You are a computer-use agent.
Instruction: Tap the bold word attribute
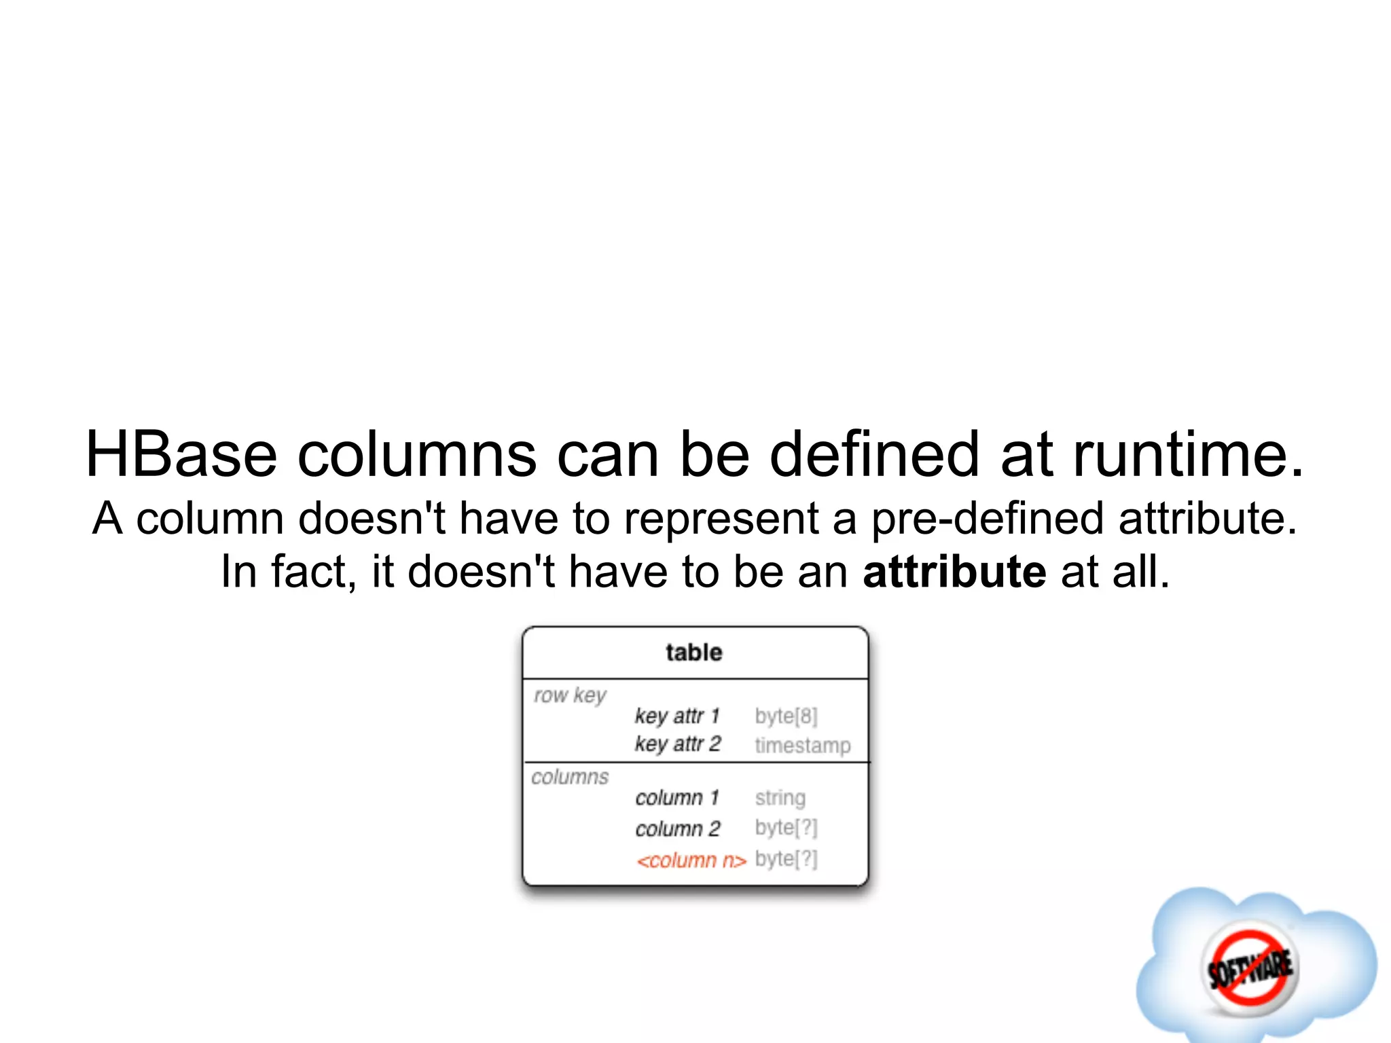[954, 572]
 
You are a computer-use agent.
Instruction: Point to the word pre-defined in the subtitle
[988, 519]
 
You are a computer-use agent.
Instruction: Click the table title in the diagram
[694, 653]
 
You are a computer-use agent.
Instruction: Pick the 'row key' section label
[570, 696]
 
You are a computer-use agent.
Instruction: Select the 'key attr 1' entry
[677, 716]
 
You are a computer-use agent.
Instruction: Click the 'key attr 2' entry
[678, 744]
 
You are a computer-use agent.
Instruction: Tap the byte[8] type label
[786, 716]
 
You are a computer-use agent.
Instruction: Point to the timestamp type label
[802, 746]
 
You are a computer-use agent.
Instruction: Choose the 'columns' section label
[570, 777]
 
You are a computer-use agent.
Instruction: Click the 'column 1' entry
[677, 798]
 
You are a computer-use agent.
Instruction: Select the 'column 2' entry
[678, 829]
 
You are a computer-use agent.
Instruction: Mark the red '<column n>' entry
[691, 861]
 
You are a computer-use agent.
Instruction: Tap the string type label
[780, 798]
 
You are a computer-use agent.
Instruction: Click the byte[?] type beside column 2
[786, 828]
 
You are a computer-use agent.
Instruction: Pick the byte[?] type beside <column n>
[786, 860]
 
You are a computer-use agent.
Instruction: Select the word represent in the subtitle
[721, 519]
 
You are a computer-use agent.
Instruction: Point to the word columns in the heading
[417, 454]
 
